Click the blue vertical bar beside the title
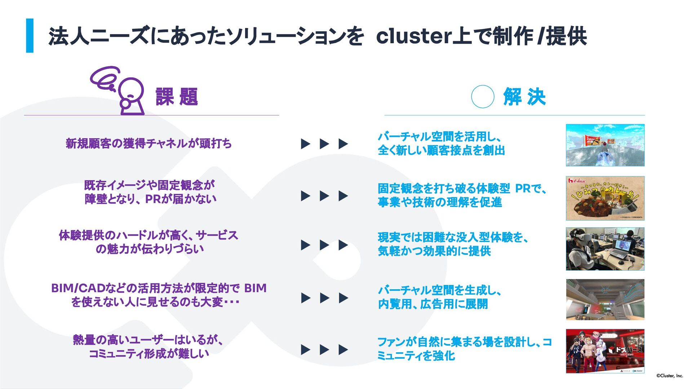[30, 36]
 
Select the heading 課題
[177, 97]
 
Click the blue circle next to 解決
[483, 97]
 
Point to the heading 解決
[524, 97]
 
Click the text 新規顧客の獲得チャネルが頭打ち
[148, 143]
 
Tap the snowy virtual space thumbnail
[605, 145]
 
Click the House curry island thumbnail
[605, 198]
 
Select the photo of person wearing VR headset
[605, 249]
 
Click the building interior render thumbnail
[605, 300]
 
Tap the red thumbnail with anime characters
[605, 351]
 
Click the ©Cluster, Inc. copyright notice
[669, 376]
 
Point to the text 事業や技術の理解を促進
[440, 202]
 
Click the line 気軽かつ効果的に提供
[434, 251]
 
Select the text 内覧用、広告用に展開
[433, 304]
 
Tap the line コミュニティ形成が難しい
[149, 354]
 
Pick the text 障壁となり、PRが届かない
[151, 199]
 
